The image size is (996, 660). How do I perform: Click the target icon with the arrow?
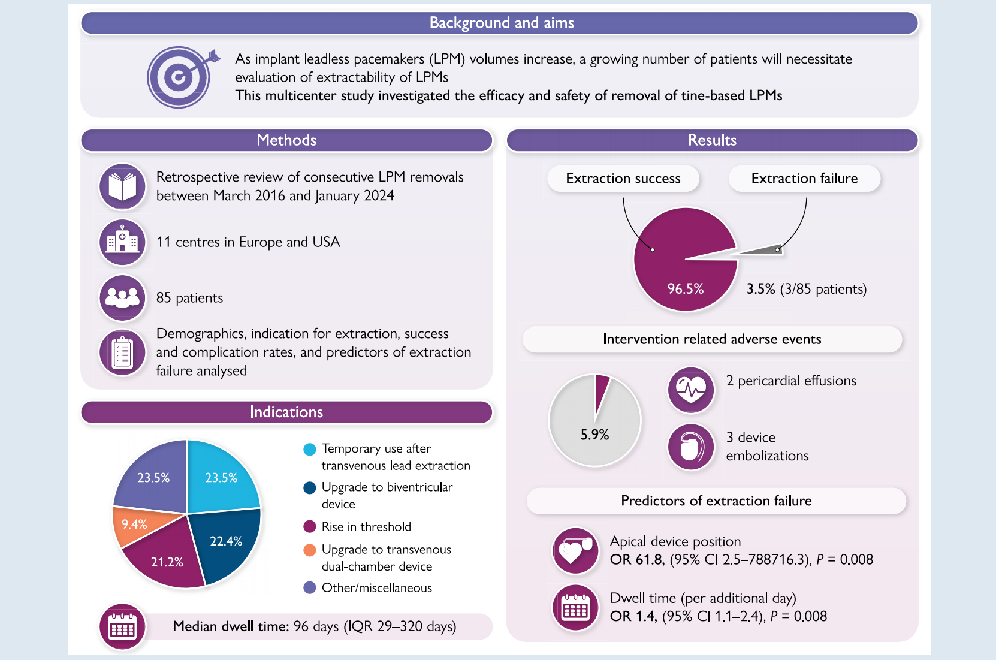tap(180, 77)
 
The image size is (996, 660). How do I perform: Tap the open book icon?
tap(122, 187)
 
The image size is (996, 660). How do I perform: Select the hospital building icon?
tap(122, 242)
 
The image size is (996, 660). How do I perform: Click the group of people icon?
tap(122, 297)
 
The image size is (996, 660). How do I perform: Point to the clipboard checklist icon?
tap(122, 352)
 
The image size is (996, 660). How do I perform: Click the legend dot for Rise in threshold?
tap(309, 526)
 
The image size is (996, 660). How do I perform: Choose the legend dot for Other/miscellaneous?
tap(309, 588)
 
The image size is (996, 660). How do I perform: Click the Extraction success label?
tap(623, 179)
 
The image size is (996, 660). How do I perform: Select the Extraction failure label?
tap(804, 179)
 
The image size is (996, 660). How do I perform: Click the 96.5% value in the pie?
tap(685, 289)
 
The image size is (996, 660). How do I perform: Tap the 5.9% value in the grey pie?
tap(594, 435)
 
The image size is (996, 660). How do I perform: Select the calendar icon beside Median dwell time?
tap(122, 627)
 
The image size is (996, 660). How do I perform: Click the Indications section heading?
tap(286, 412)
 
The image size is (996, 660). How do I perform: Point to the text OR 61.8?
tap(636, 559)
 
